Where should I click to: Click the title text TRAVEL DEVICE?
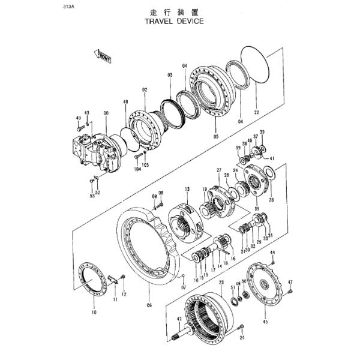[174, 20]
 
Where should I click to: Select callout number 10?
[94, 313]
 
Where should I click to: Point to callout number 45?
[265, 322]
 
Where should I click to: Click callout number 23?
[221, 282]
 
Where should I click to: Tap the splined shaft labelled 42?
[190, 329]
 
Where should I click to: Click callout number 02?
[145, 90]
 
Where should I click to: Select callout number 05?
[215, 136]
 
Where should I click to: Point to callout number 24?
[243, 337]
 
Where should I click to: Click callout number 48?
[125, 103]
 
